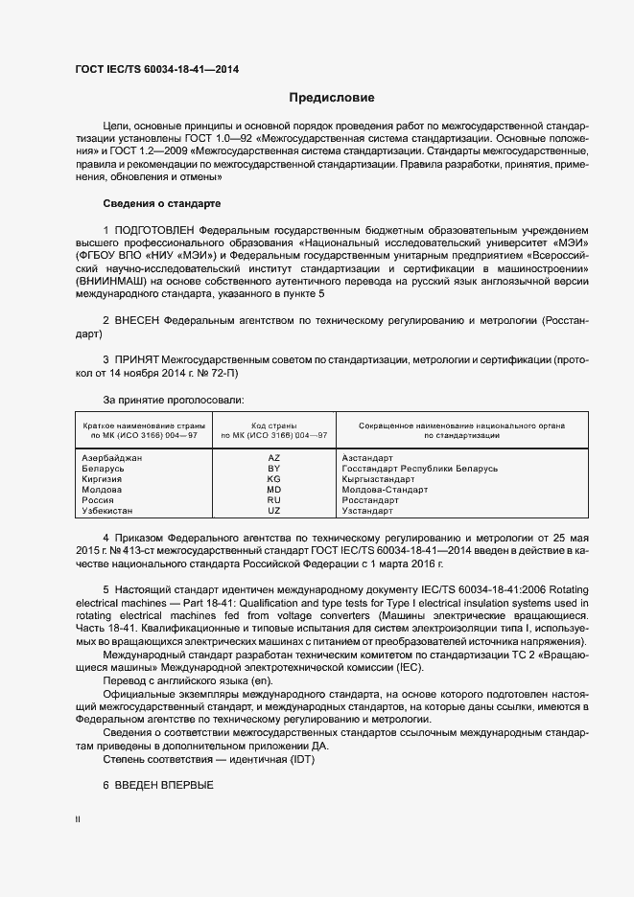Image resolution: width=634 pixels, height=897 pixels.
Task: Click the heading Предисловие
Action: coord(332,98)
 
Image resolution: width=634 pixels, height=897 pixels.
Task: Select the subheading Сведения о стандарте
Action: coord(161,204)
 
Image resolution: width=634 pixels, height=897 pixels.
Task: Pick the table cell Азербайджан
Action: coord(113,458)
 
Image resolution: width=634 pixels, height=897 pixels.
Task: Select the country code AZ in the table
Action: coord(273,458)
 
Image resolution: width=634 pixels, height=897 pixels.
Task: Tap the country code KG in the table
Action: coord(273,479)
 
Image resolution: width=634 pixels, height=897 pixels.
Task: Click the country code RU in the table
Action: coord(273,500)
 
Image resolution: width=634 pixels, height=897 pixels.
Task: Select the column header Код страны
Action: coord(273,425)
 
